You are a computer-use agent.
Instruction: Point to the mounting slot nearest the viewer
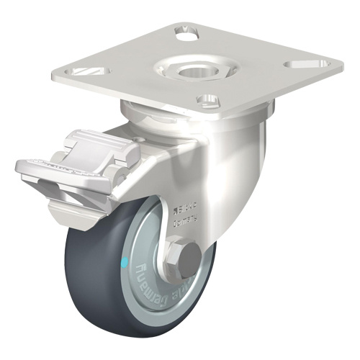210,100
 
